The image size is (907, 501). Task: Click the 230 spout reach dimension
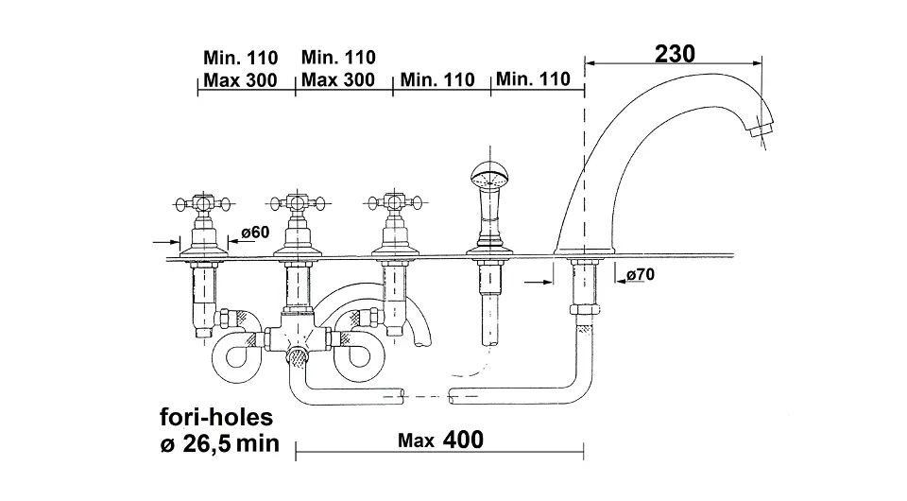(675, 55)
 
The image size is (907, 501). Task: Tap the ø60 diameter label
(255, 232)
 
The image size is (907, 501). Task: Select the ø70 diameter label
(641, 274)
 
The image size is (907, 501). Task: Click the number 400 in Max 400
(463, 440)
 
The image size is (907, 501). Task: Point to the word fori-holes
(216, 417)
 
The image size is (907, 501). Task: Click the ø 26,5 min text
(220, 443)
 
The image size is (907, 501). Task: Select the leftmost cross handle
(203, 203)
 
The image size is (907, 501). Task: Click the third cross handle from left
(395, 202)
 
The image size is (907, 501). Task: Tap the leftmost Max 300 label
(240, 79)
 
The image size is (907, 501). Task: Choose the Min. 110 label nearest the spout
(533, 78)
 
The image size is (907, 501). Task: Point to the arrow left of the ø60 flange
(166, 242)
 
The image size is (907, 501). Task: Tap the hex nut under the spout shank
(584, 309)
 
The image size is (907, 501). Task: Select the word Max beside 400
(416, 441)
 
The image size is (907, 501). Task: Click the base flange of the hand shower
(490, 251)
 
